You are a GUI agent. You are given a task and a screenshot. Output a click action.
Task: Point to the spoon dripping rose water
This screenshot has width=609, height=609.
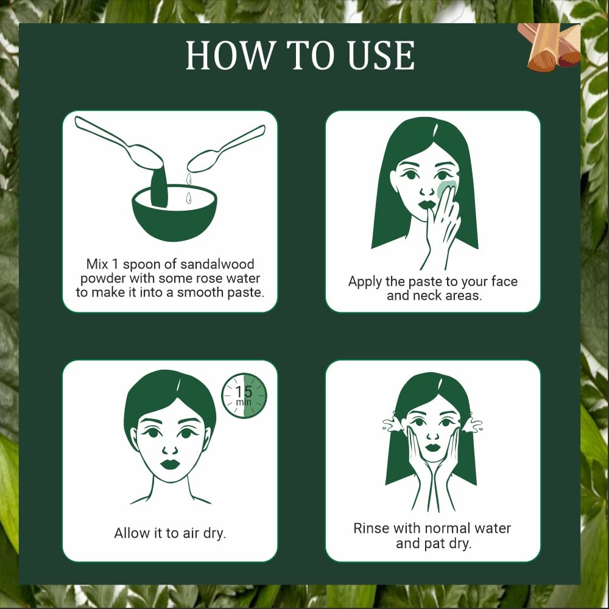tap(225, 149)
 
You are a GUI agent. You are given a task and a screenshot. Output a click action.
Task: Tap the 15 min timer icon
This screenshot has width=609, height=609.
tap(244, 396)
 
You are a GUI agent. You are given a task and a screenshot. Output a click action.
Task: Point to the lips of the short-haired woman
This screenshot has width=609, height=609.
tap(170, 464)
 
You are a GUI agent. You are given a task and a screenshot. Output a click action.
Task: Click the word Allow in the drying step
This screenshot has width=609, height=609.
tap(131, 533)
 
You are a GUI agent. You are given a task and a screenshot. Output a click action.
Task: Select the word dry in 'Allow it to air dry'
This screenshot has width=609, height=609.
tap(213, 533)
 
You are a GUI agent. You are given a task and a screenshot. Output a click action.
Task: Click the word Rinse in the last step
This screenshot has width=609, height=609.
tap(371, 528)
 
